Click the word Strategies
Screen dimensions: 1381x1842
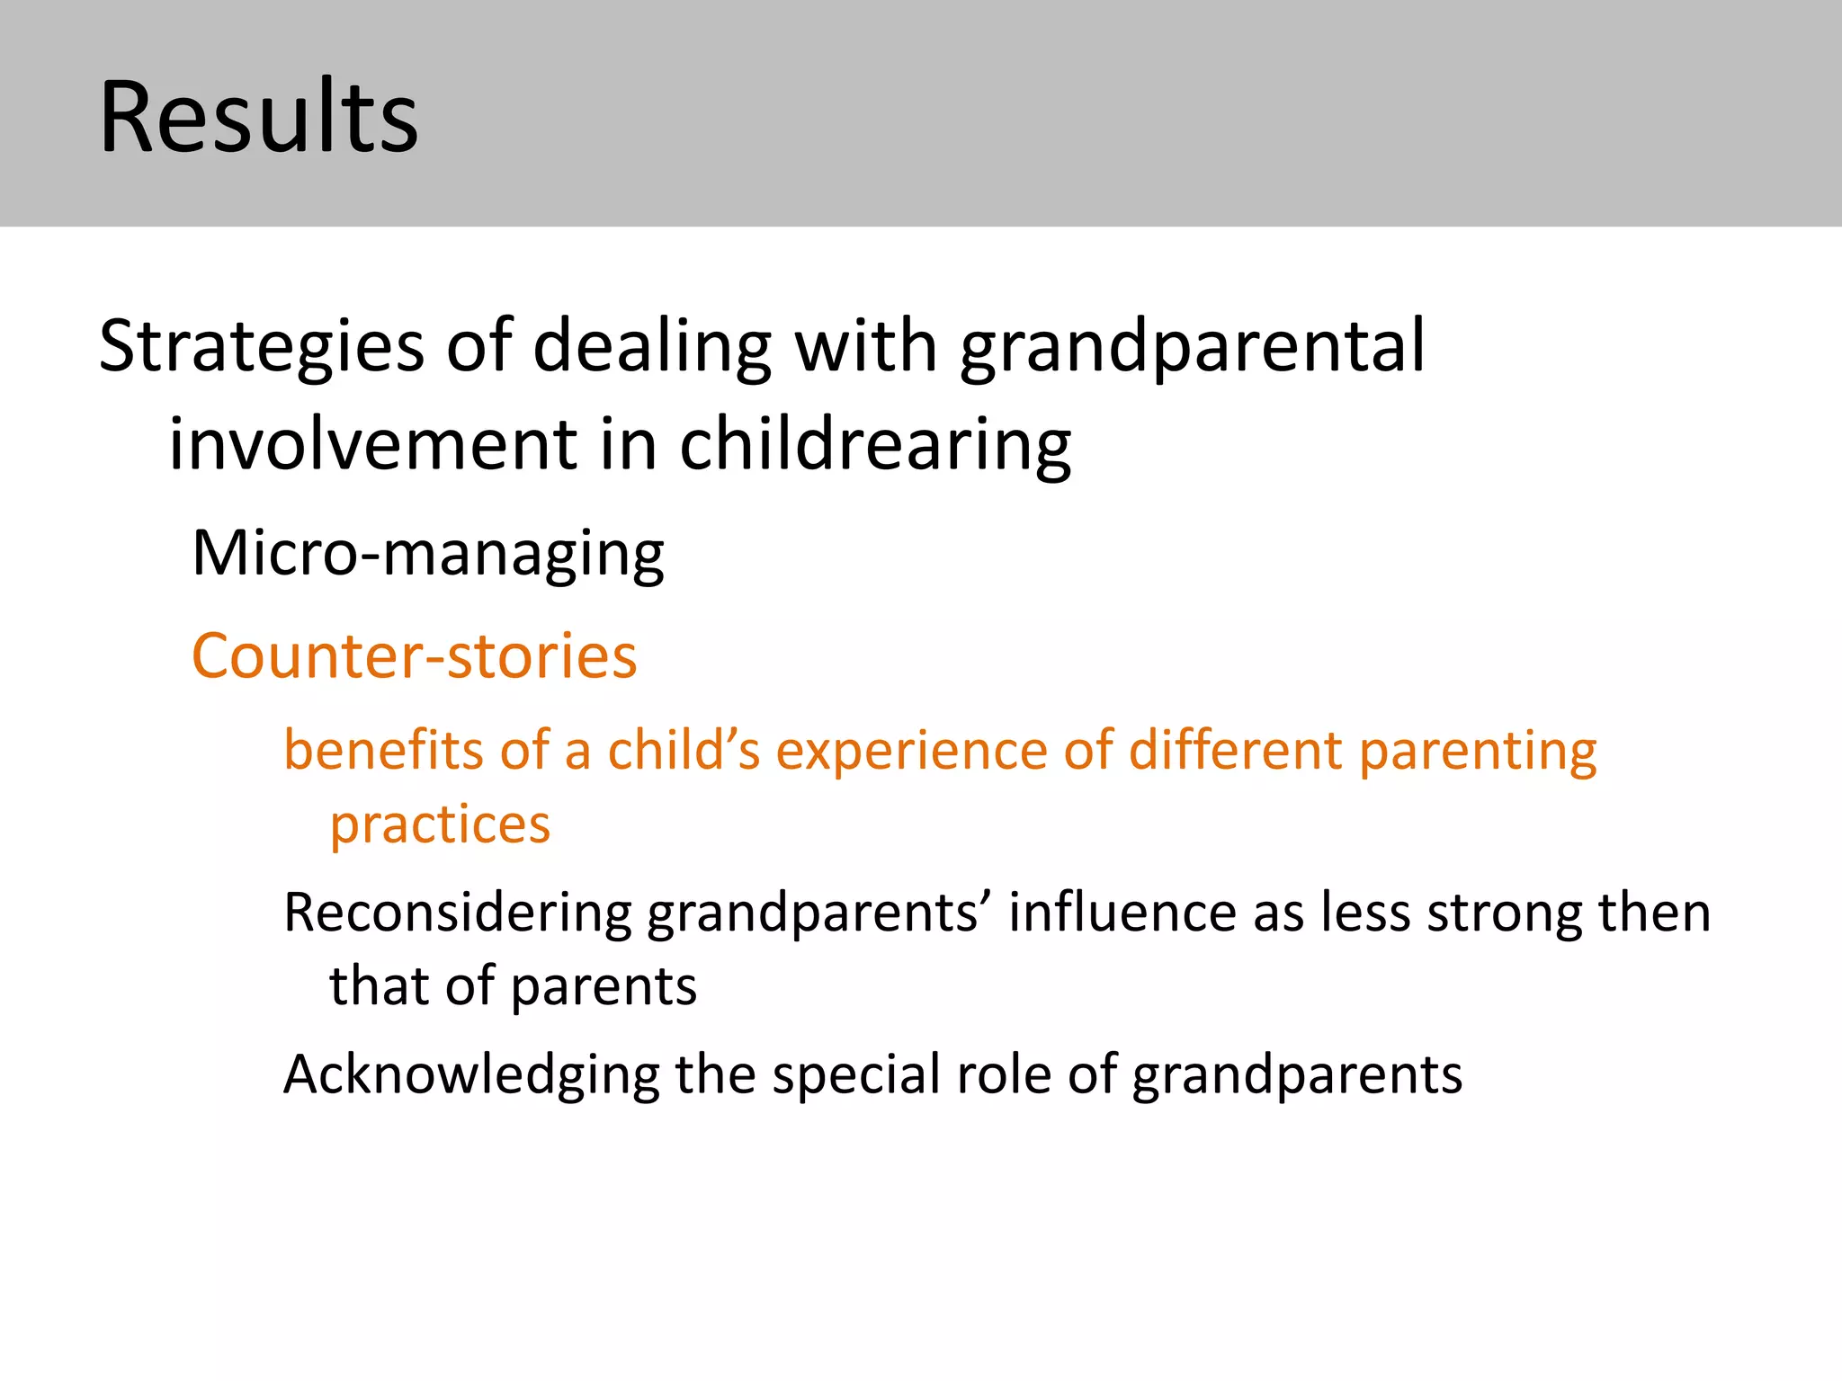tap(261, 346)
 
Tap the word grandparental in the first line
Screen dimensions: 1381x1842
tap(1193, 346)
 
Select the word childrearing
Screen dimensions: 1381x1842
tap(875, 444)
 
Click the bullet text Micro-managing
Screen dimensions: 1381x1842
tap(428, 553)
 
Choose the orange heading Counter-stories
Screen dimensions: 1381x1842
tap(415, 655)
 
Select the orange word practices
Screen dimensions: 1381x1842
tap(440, 824)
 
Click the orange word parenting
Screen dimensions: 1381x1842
tap(1478, 751)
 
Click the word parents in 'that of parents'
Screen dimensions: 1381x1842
tap(604, 986)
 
